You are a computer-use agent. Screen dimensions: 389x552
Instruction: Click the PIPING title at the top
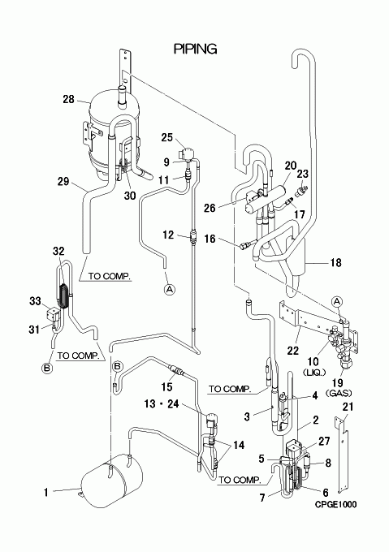point(196,49)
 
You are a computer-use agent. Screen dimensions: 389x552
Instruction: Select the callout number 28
point(69,99)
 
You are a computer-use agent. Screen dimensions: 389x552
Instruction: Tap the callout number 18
point(336,262)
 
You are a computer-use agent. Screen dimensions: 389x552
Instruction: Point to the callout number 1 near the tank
point(45,492)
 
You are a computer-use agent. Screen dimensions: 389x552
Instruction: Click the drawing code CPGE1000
point(335,504)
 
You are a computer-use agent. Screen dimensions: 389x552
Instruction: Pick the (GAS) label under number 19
point(339,393)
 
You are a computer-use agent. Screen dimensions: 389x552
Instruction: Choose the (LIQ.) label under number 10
point(314,372)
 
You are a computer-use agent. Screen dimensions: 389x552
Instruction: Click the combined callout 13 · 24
point(162,403)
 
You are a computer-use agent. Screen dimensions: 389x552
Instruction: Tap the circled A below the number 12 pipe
point(170,289)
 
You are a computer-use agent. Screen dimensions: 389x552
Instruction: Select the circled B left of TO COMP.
point(47,369)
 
